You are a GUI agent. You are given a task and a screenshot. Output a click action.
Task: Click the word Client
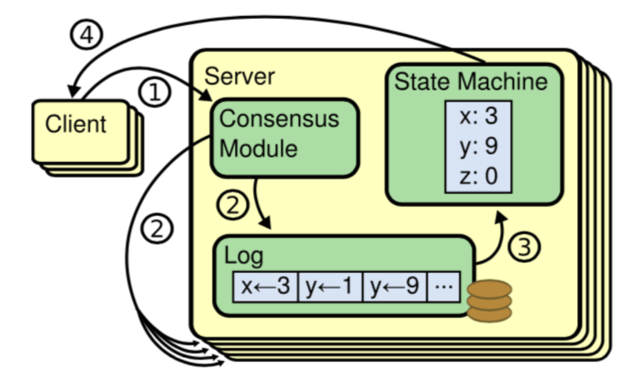coord(76,124)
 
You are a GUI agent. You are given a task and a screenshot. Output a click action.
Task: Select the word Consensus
coord(280,119)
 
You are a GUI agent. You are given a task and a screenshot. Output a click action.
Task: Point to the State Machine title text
coord(471,82)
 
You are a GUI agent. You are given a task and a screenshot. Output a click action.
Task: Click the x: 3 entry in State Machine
coord(478,117)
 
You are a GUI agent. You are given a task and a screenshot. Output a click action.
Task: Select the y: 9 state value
coord(478,147)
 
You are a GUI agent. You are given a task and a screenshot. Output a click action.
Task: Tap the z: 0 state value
coord(478,177)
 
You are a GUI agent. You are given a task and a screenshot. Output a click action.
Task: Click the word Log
coord(243,256)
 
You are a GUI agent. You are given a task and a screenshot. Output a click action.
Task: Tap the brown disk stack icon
coord(489,300)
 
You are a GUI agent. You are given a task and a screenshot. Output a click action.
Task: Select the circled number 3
coord(525,246)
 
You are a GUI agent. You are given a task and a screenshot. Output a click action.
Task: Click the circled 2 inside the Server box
coord(232,204)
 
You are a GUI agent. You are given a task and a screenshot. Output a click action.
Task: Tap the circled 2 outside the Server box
coord(158,229)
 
